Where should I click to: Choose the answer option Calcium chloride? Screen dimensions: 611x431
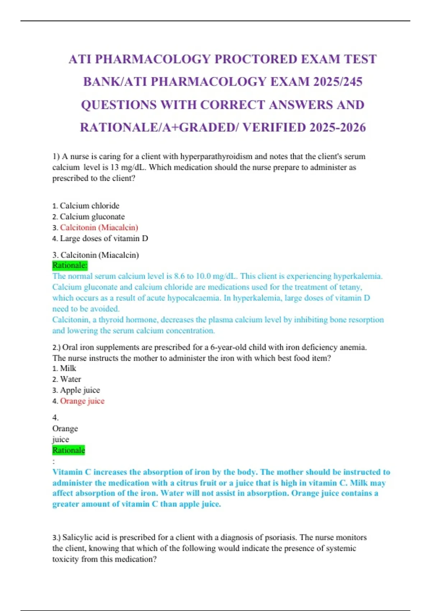[89, 206]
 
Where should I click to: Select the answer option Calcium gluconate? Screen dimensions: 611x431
[92, 217]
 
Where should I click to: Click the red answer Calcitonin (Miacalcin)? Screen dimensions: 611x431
[99, 228]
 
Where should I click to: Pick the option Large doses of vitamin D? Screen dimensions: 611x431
[104, 238]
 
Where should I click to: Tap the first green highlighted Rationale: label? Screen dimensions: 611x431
[70, 265]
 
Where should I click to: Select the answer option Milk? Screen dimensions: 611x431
[68, 368]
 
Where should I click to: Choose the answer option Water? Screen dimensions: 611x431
[70, 379]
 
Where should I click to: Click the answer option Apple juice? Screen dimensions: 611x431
[80, 390]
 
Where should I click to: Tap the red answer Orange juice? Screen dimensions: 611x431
[82, 401]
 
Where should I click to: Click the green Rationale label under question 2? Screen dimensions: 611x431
[69, 450]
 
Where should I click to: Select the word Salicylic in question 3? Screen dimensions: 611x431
[78, 537]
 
